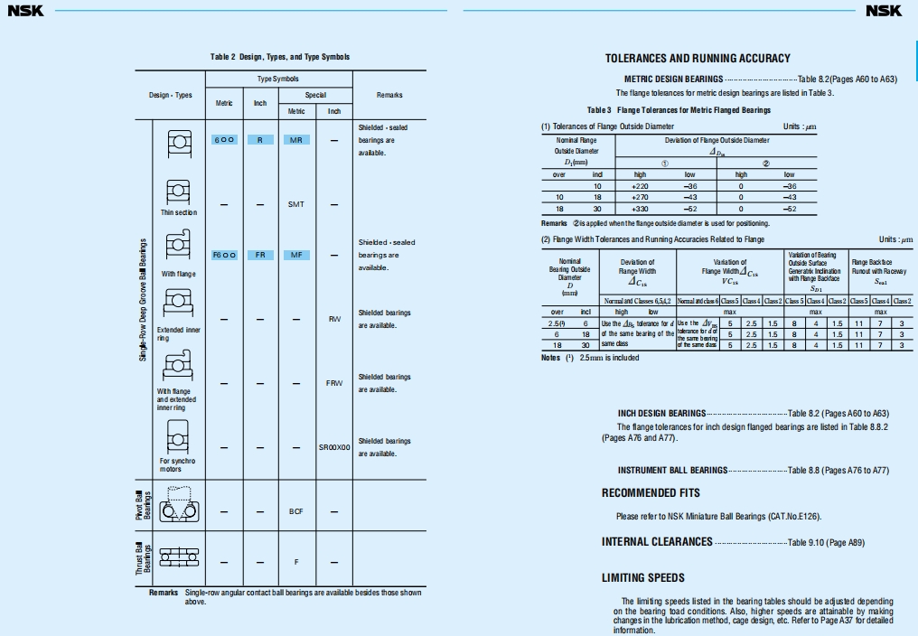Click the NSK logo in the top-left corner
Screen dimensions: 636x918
[x=25, y=11]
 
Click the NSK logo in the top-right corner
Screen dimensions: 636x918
[x=884, y=11]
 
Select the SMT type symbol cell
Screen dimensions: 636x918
[x=296, y=204]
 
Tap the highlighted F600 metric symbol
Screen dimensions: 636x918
[x=224, y=255]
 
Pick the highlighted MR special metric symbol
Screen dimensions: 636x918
[x=296, y=140]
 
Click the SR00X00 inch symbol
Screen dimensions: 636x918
[x=334, y=447]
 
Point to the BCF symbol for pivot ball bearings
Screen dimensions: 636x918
[x=296, y=511]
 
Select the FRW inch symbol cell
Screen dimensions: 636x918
[x=334, y=383]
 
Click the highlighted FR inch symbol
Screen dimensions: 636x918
[x=259, y=255]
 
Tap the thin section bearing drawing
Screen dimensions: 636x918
[x=178, y=192]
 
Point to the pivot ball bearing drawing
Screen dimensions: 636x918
[x=178, y=506]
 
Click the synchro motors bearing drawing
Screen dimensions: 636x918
[x=178, y=437]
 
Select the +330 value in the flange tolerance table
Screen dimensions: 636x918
[x=641, y=208]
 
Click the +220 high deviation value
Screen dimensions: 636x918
[x=641, y=185]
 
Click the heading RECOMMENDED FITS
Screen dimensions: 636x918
[x=651, y=493]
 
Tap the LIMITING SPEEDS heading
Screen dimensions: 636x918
[x=643, y=578]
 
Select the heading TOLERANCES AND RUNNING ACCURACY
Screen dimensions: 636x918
[x=698, y=59]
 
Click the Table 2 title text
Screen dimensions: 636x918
[x=280, y=57]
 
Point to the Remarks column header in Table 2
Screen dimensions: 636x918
[x=389, y=95]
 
